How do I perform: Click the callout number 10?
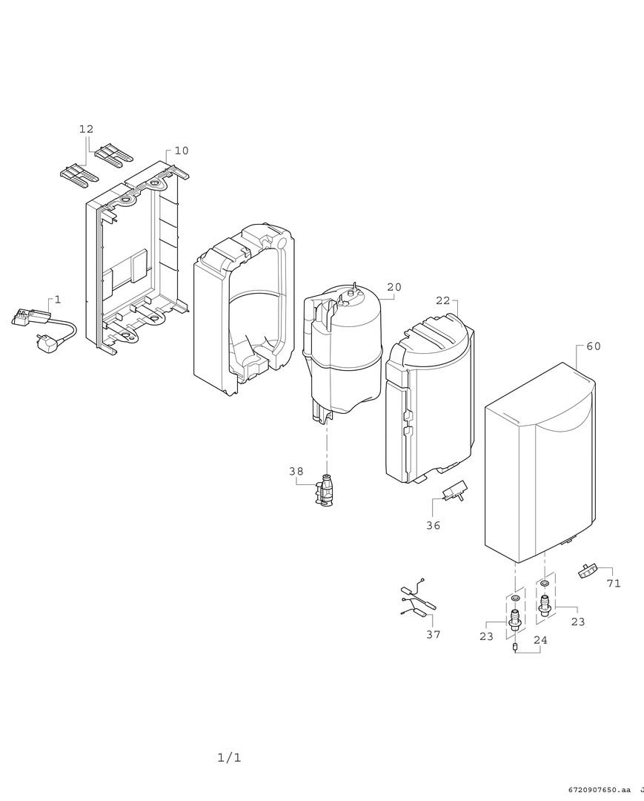coord(182,151)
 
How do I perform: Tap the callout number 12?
coord(86,129)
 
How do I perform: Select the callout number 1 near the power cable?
coord(58,300)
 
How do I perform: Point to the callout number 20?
coord(394,287)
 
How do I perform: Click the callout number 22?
coord(443,300)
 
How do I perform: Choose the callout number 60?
coord(594,346)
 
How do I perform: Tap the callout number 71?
coord(614,583)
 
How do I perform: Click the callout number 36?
coord(433,525)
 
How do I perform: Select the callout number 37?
coord(433,634)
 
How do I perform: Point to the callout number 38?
coord(296,472)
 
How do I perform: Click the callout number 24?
coord(540,640)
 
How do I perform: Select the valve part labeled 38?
coord(326,490)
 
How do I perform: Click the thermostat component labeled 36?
coord(455,492)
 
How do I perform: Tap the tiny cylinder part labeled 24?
coord(515,647)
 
